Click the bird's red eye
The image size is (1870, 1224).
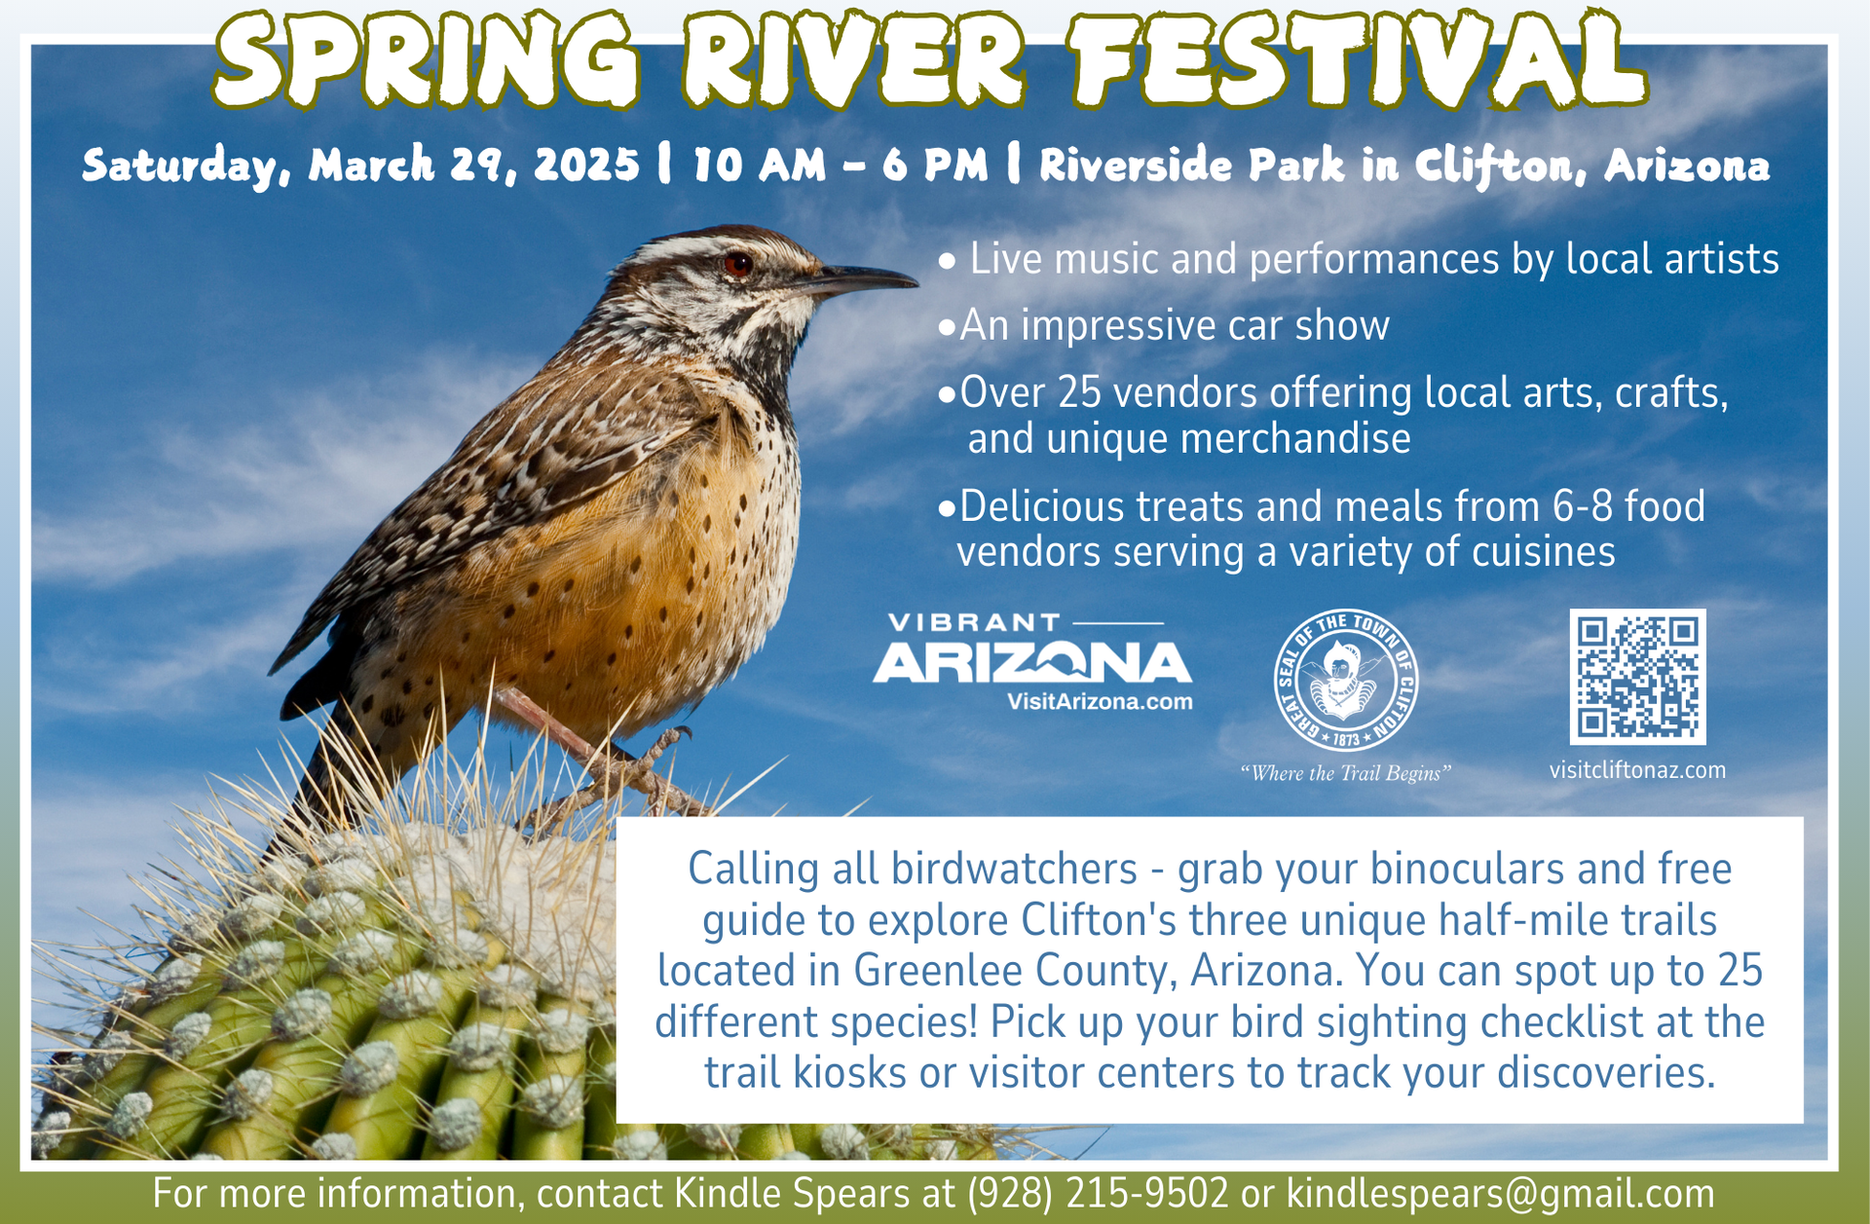(x=737, y=264)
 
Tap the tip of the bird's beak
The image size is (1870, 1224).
(x=916, y=283)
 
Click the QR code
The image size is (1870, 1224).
(x=1637, y=677)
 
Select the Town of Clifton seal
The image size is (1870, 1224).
(x=1346, y=681)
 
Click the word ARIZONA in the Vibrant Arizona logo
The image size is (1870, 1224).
(x=1032, y=663)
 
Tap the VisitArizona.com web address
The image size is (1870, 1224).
(x=1100, y=702)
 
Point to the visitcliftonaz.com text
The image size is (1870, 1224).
(x=1637, y=770)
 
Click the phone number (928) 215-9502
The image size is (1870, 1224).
(x=1098, y=1194)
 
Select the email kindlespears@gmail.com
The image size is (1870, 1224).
(x=1500, y=1195)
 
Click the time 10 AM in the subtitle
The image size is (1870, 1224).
(x=759, y=165)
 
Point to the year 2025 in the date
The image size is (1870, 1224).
(x=586, y=165)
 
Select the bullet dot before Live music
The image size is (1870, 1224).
(x=947, y=262)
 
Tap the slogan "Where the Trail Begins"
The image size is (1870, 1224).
(x=1345, y=773)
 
